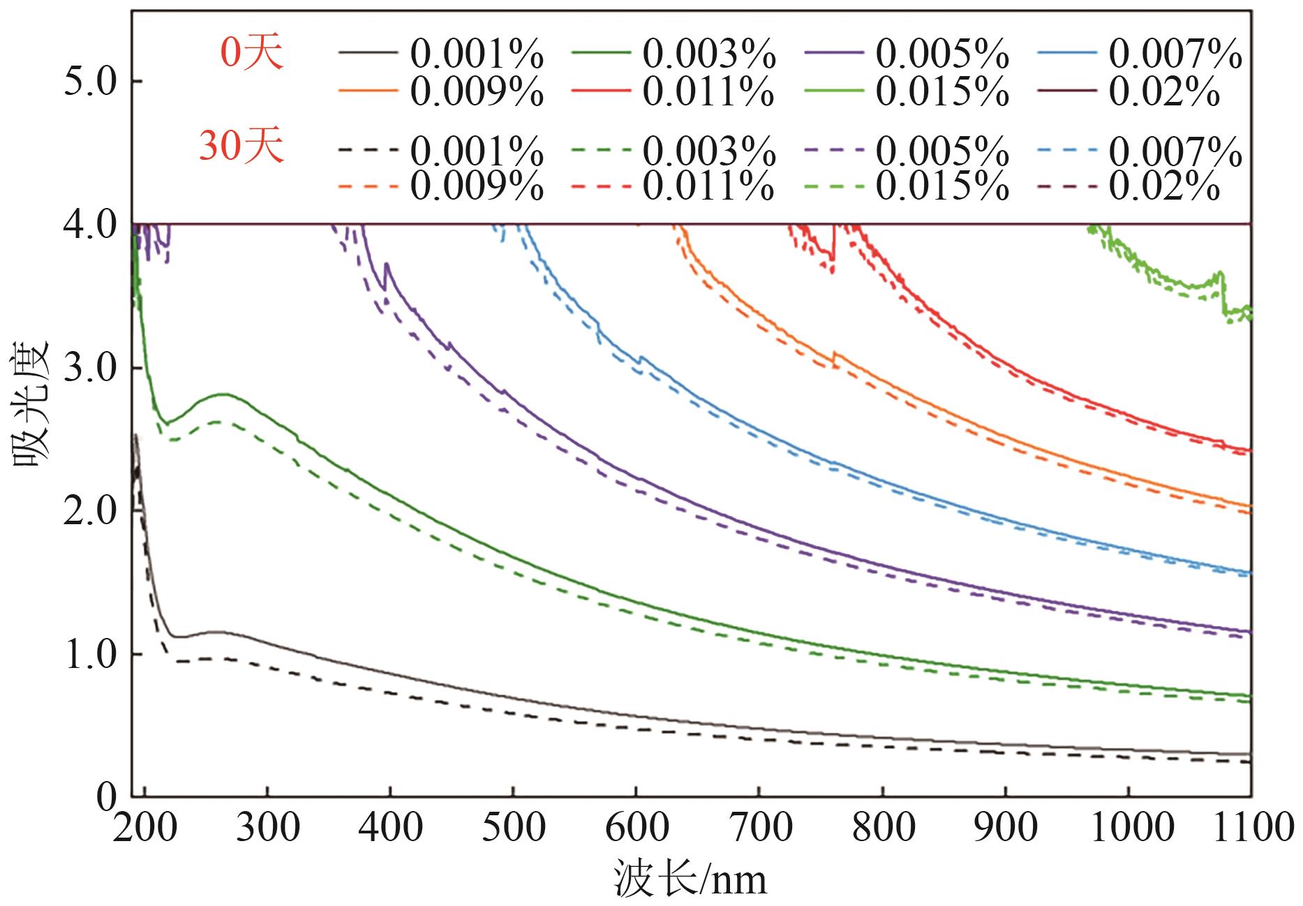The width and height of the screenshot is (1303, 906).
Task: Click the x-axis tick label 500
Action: tap(513, 828)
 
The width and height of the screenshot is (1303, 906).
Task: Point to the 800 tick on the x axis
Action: tap(883, 828)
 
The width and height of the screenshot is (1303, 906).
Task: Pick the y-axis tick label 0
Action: tap(106, 796)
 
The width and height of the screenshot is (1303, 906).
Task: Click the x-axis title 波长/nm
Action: tap(690, 879)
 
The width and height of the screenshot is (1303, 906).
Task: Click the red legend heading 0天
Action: tap(252, 53)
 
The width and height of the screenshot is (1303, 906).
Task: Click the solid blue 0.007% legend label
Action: tap(1175, 53)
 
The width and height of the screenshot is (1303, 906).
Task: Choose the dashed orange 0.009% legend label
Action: tap(477, 186)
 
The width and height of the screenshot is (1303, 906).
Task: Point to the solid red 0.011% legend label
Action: tap(708, 91)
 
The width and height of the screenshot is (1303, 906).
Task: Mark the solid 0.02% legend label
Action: tap(1164, 91)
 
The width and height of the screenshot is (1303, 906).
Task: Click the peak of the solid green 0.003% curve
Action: tap(223, 394)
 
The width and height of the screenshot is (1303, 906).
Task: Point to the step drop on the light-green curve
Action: tap(1223, 297)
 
